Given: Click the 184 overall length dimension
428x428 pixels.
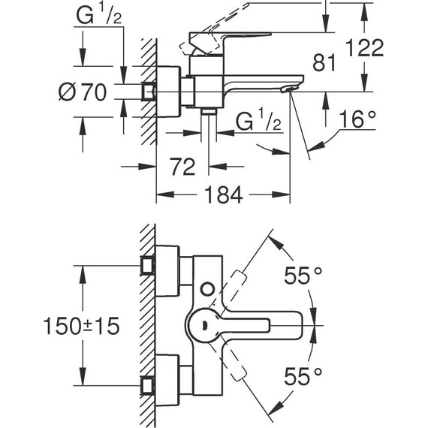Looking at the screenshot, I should pyautogui.click(x=222, y=196).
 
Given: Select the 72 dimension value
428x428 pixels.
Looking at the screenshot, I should pyautogui.click(x=182, y=164).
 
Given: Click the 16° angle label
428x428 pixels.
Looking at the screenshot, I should pyautogui.click(x=356, y=119).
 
